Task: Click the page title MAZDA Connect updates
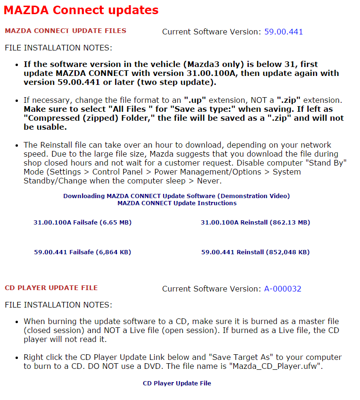coord(81,10)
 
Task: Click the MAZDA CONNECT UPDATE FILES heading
coord(65,31)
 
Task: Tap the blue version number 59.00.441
coord(283,32)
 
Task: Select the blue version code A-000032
coord(282,289)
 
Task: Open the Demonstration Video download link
coord(176,196)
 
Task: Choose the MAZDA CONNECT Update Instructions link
coord(177,203)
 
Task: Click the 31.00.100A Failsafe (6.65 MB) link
coord(82,222)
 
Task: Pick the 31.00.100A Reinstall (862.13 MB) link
coord(255,222)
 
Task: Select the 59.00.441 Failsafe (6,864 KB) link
coord(82,252)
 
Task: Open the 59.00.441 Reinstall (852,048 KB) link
coord(255,252)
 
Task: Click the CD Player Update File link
coord(177,383)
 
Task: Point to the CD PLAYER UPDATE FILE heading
coord(51,288)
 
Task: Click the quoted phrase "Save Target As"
coord(241,357)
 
